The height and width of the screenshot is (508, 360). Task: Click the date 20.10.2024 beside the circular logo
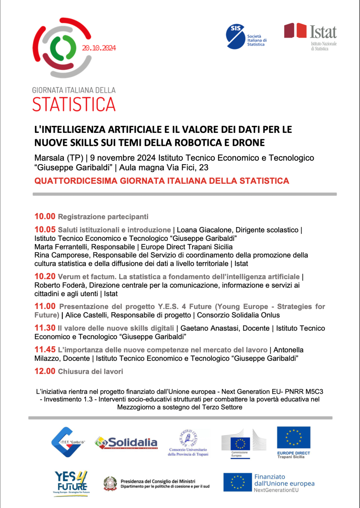(99, 48)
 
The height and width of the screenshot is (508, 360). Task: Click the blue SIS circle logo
(235, 37)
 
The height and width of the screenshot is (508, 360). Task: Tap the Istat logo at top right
(311, 36)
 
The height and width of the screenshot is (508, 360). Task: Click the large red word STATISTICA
(74, 104)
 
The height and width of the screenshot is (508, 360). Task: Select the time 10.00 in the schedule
(45, 217)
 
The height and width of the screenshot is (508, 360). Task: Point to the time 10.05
(45, 230)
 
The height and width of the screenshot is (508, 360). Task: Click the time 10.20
(45, 277)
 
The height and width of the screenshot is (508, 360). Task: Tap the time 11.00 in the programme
(45, 307)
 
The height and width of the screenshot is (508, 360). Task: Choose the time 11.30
(45, 328)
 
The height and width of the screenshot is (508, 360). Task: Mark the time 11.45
(45, 350)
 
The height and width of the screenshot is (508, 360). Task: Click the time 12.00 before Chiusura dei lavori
(45, 371)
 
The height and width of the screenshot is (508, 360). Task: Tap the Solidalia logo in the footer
(126, 443)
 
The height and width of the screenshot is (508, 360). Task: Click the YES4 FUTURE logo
(71, 482)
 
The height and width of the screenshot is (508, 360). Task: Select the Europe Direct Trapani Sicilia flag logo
(294, 438)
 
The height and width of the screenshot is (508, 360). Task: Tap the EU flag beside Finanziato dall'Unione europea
(238, 482)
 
